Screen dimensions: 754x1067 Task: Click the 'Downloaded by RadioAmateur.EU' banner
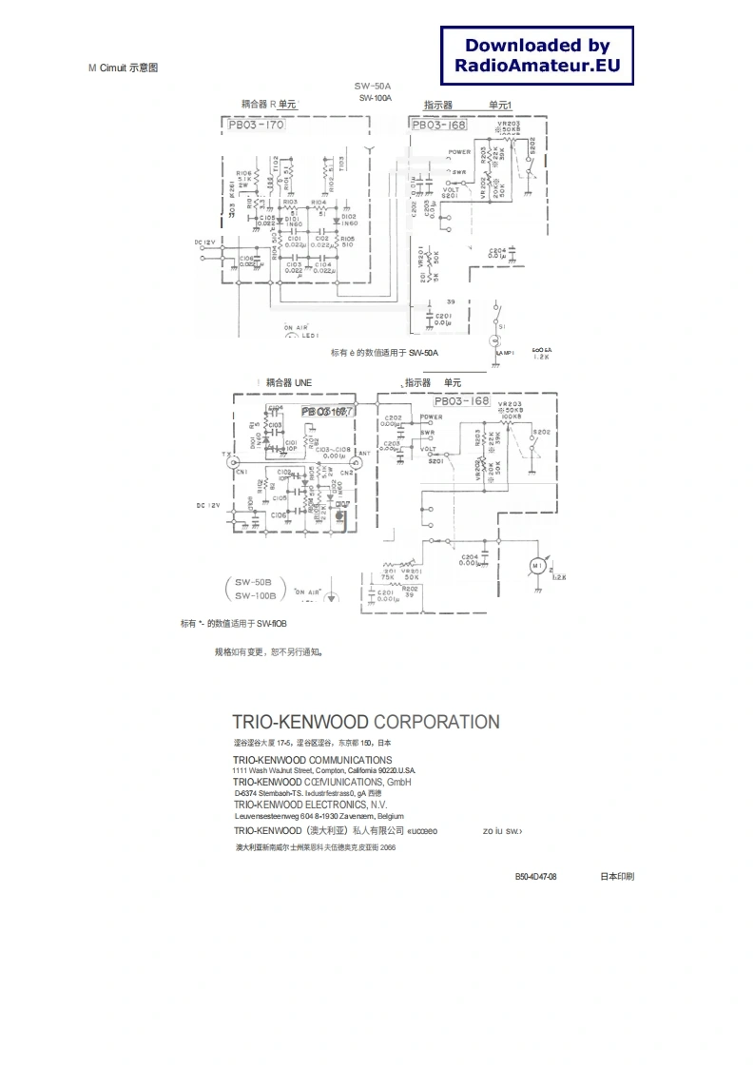click(x=537, y=55)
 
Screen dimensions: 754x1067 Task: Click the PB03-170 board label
click(x=256, y=125)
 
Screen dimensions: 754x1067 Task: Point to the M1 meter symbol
click(x=537, y=567)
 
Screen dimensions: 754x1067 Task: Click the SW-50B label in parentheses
click(x=254, y=581)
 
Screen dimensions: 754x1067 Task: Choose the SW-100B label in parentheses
click(x=255, y=595)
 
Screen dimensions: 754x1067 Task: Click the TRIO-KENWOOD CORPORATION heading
click(x=366, y=722)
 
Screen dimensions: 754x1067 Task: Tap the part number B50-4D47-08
click(x=535, y=876)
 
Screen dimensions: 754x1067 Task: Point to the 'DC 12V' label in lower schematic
click(x=208, y=506)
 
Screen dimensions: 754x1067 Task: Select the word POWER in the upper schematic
click(x=460, y=152)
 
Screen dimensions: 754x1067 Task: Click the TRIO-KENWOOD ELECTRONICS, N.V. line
click(x=310, y=805)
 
